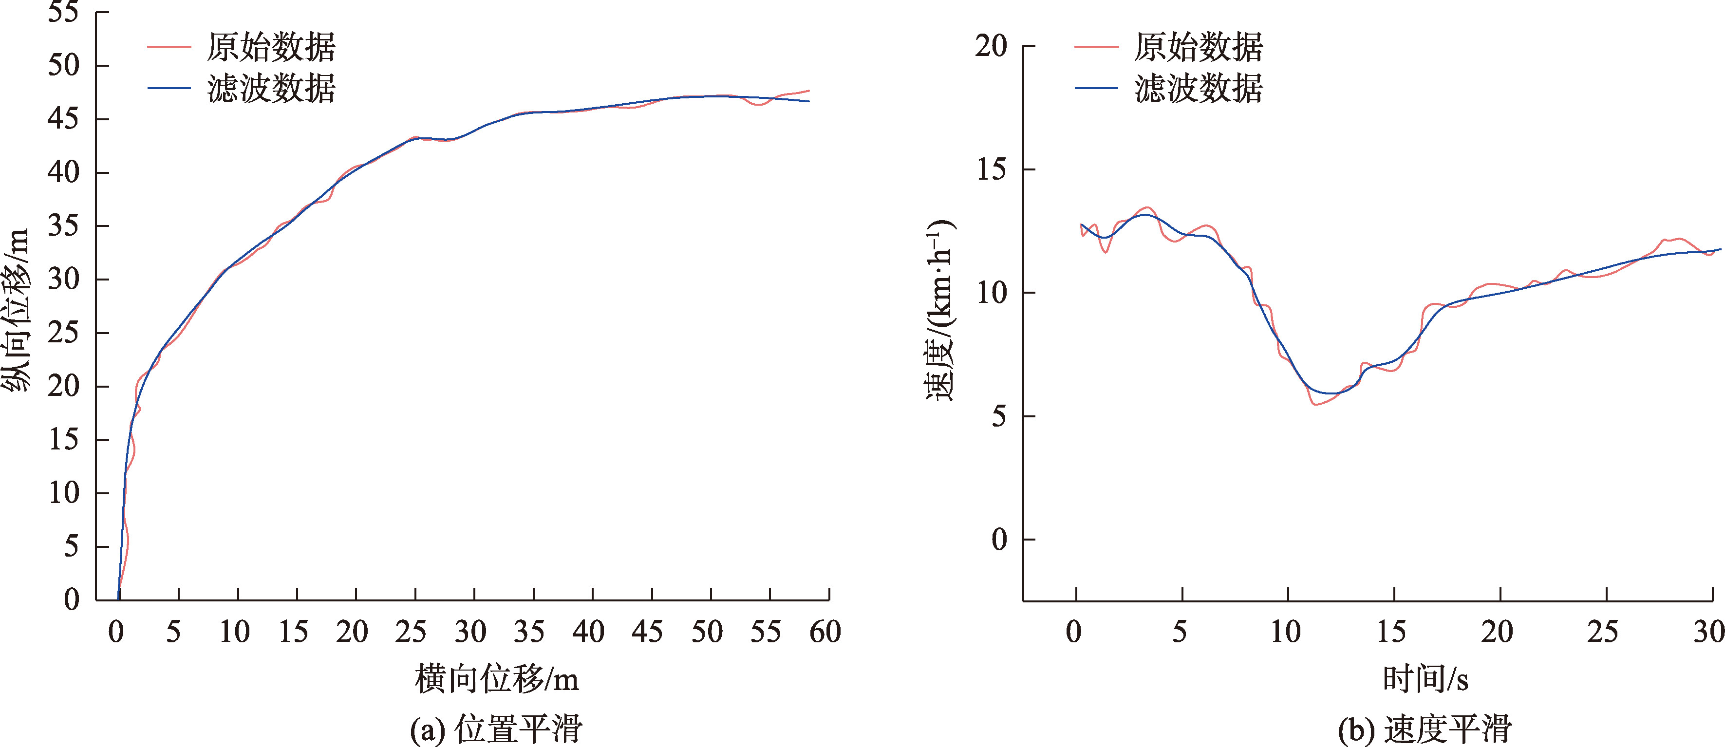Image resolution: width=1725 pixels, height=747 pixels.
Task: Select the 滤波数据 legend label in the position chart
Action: click(271, 88)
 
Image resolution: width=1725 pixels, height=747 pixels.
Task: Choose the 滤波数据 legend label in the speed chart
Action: click(1198, 88)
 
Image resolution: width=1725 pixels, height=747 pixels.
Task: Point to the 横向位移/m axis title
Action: click(496, 679)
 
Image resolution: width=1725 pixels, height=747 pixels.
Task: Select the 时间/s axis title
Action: click(1425, 679)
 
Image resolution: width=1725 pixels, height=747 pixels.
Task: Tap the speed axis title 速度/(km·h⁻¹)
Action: click(939, 309)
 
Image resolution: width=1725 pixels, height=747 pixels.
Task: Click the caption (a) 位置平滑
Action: click(496, 728)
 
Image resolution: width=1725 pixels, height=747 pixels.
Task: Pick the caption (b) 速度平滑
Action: click(1425, 728)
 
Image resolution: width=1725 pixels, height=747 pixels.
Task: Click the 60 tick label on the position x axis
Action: click(825, 632)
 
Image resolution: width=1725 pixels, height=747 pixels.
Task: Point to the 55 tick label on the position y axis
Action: click(64, 12)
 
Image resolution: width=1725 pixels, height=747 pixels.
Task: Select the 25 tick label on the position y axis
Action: click(64, 333)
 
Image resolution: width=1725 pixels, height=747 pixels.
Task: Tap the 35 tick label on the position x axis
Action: click(529, 632)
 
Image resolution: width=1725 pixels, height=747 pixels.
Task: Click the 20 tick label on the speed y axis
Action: click(991, 46)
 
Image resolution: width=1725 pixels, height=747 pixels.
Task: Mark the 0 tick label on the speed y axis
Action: click(999, 540)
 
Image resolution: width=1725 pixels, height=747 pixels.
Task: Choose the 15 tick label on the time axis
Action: click(1391, 632)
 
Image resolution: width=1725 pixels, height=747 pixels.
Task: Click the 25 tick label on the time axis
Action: click(1602, 632)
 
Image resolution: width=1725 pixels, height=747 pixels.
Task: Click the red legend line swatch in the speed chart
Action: click(1096, 47)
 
